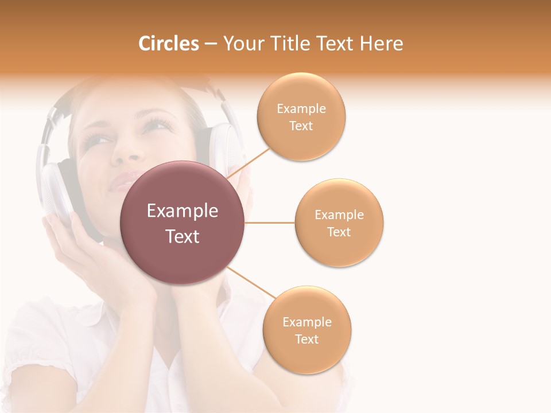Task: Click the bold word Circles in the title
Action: pyautogui.click(x=168, y=44)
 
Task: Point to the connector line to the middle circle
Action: pyautogui.click(x=270, y=223)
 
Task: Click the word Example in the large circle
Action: pyautogui.click(x=183, y=211)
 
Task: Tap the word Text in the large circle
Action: pyautogui.click(x=183, y=236)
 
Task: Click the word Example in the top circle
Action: pyautogui.click(x=301, y=109)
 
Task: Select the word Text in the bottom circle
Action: pyautogui.click(x=306, y=339)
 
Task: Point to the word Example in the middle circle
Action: pyautogui.click(x=339, y=215)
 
